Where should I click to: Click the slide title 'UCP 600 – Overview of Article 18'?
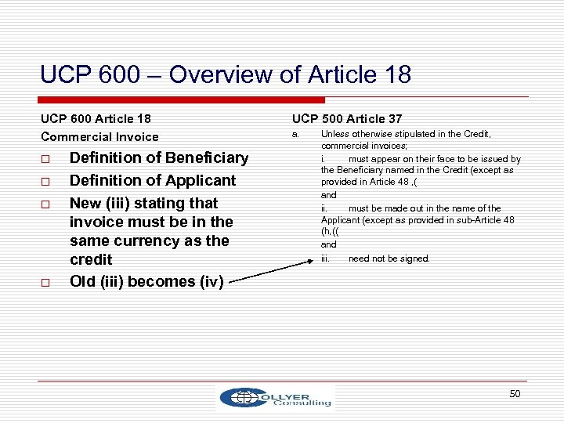226,75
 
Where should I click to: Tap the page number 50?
515,393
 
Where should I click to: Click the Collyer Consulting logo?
276,397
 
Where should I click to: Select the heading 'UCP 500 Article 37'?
347,119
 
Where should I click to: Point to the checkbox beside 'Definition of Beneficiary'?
49,159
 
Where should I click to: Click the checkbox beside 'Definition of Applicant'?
49,182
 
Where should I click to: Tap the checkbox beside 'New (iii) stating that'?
49,204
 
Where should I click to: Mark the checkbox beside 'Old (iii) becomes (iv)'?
49,282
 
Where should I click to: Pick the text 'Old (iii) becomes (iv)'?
146,281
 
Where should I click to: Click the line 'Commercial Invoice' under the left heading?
99,137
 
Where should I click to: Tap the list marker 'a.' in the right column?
296,134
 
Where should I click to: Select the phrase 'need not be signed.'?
389,258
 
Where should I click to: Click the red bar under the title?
183,100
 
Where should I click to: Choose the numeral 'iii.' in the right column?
326,258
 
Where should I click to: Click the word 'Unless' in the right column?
334,134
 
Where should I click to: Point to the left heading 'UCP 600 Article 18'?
96,119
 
